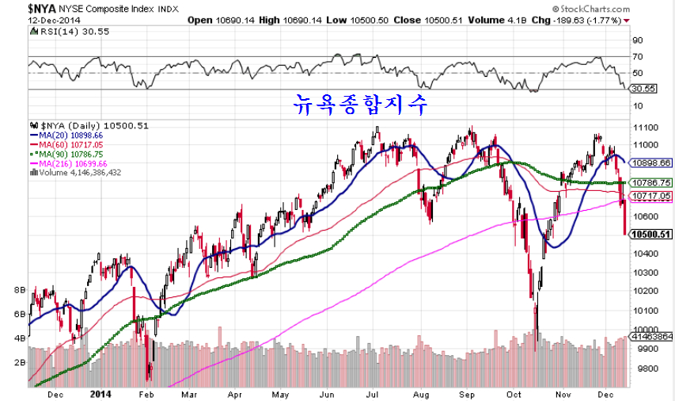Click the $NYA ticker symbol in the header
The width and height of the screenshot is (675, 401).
[x=21, y=7]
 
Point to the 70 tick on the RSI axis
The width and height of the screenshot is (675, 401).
[x=637, y=57]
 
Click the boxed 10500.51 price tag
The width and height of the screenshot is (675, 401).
[x=653, y=235]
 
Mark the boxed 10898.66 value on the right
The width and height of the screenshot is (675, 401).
[x=653, y=162]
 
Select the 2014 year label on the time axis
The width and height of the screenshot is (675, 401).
[x=100, y=393]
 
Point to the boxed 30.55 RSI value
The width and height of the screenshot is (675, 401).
[x=645, y=89]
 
